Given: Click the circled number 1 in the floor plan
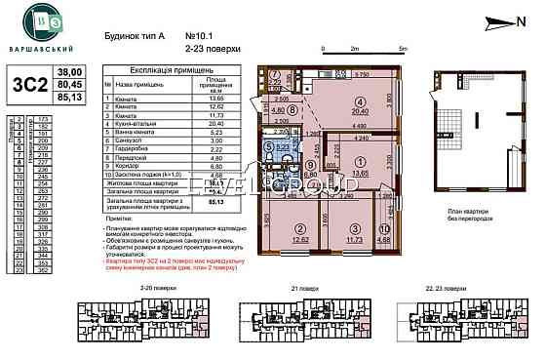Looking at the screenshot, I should tap(359, 162).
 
